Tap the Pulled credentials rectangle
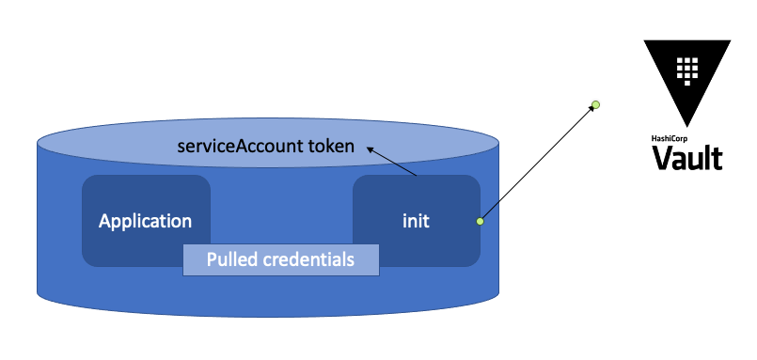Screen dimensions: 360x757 [280, 259]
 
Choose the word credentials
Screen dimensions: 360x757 [307, 259]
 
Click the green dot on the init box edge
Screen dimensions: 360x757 [480, 221]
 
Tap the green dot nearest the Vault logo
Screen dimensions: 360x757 [595, 103]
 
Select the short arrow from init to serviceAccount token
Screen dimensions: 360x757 [393, 162]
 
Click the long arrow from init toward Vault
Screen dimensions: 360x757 [536, 164]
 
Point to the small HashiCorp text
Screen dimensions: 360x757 [670, 138]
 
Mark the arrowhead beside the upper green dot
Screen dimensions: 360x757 [590, 109]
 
